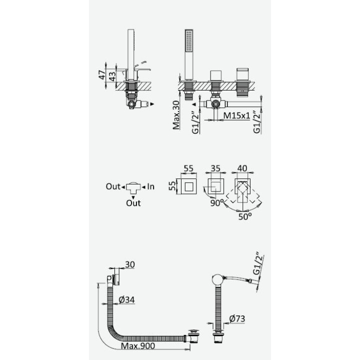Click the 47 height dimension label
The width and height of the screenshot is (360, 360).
pyautogui.click(x=102, y=75)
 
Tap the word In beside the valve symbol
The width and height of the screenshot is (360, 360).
pyautogui.click(x=151, y=186)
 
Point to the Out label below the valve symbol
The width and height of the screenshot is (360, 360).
pyautogui.click(x=133, y=202)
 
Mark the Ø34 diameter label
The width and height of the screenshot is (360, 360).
pyautogui.click(x=126, y=300)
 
